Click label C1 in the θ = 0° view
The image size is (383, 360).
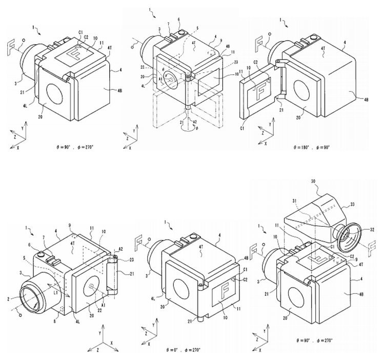click(246, 269)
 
